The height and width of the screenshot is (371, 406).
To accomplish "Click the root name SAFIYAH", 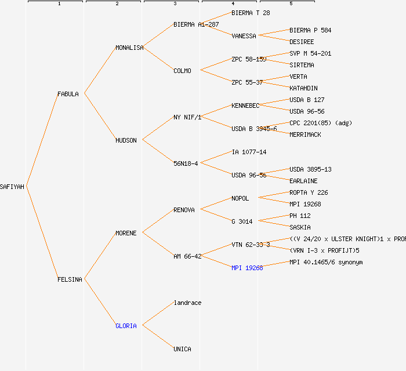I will click(x=12, y=187).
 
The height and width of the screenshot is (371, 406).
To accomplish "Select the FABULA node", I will click(x=68, y=94).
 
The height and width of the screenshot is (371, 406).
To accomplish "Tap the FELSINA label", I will click(x=70, y=279).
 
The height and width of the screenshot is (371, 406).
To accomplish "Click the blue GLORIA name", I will click(x=126, y=326).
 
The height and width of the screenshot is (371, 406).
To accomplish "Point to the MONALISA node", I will click(x=129, y=48).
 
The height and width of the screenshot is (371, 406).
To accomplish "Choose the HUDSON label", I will click(x=126, y=140).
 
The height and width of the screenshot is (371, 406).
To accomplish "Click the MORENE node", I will click(x=126, y=233).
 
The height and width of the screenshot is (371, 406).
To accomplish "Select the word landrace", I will click(x=187, y=303).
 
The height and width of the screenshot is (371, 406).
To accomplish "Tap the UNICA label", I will click(x=182, y=349).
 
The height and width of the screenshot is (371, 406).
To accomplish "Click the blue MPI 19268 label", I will click(x=247, y=268).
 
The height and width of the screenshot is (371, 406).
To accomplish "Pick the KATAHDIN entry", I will click(x=303, y=88).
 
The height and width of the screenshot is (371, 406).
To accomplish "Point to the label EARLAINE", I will click(x=303, y=181).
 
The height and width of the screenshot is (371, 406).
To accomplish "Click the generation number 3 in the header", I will click(x=175, y=4).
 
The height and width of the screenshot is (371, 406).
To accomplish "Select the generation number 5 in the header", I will click(x=291, y=4).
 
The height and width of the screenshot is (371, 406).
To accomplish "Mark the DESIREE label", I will click(x=302, y=42).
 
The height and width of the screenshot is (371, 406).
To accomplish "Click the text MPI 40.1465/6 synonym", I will click(x=326, y=262).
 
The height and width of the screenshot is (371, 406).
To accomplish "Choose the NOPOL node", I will click(x=240, y=198).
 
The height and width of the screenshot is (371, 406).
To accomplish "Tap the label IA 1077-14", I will click(x=249, y=152).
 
